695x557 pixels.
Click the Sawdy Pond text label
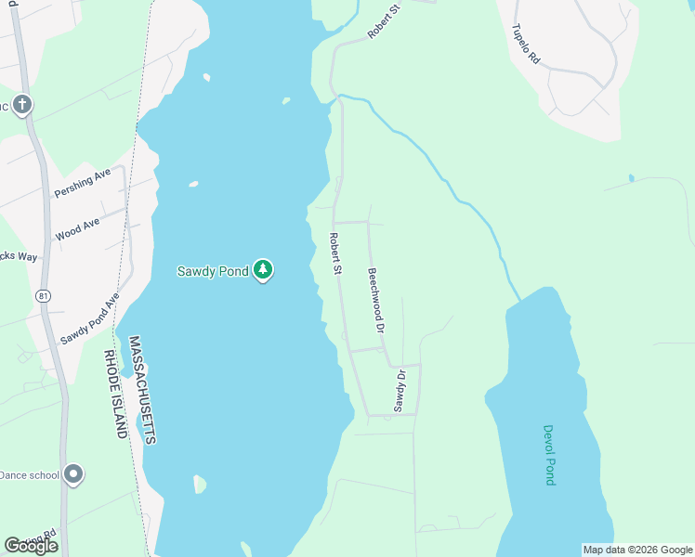coord(213,271)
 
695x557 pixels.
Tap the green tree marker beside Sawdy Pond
coord(264,270)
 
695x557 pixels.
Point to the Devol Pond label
coord(549,455)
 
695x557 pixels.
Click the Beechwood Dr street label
coord(375,301)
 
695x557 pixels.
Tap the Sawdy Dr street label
coord(400,391)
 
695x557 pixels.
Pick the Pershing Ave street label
coord(82,183)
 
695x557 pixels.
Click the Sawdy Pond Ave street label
coord(91,320)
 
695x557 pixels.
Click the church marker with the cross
coord(22,105)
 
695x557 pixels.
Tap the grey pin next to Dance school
coord(74,474)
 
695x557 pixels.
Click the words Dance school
coord(29,475)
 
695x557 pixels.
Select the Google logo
coord(31,546)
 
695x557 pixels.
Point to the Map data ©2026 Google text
coord(636,550)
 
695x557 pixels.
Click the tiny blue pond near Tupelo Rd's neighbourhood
coord(631,177)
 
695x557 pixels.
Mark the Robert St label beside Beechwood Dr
coord(335,253)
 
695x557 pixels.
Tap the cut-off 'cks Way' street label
coord(19,255)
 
